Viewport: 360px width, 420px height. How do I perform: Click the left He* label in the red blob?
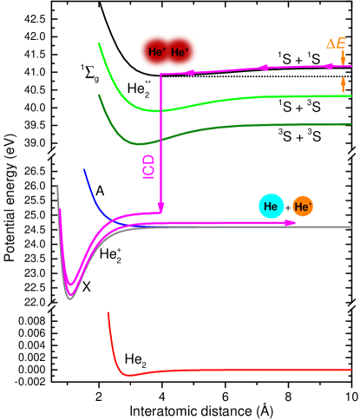point(157,52)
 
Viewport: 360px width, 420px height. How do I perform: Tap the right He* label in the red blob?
point(180,52)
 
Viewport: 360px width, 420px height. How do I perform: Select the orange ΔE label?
point(336,43)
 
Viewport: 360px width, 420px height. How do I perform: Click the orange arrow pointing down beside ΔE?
point(344,58)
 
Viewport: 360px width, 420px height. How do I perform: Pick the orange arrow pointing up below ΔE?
point(344,84)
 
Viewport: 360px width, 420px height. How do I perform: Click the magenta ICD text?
point(148,166)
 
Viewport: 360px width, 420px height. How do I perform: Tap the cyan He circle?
point(271,207)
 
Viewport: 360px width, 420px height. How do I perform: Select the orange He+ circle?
point(302,207)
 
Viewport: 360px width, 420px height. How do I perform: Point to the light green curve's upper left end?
point(100,43)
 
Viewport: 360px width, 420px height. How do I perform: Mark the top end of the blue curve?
point(84,170)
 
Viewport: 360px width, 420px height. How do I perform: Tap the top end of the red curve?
point(108,313)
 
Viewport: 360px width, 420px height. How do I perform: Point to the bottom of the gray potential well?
point(70,298)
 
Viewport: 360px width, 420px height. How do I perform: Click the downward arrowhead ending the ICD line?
point(160,207)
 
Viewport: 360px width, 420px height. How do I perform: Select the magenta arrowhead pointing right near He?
point(291,223)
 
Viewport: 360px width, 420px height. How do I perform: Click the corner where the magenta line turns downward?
point(160,75)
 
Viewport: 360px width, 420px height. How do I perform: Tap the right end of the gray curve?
point(350,226)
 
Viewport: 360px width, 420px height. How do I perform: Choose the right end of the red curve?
point(350,370)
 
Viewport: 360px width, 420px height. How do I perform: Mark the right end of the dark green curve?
point(350,124)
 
